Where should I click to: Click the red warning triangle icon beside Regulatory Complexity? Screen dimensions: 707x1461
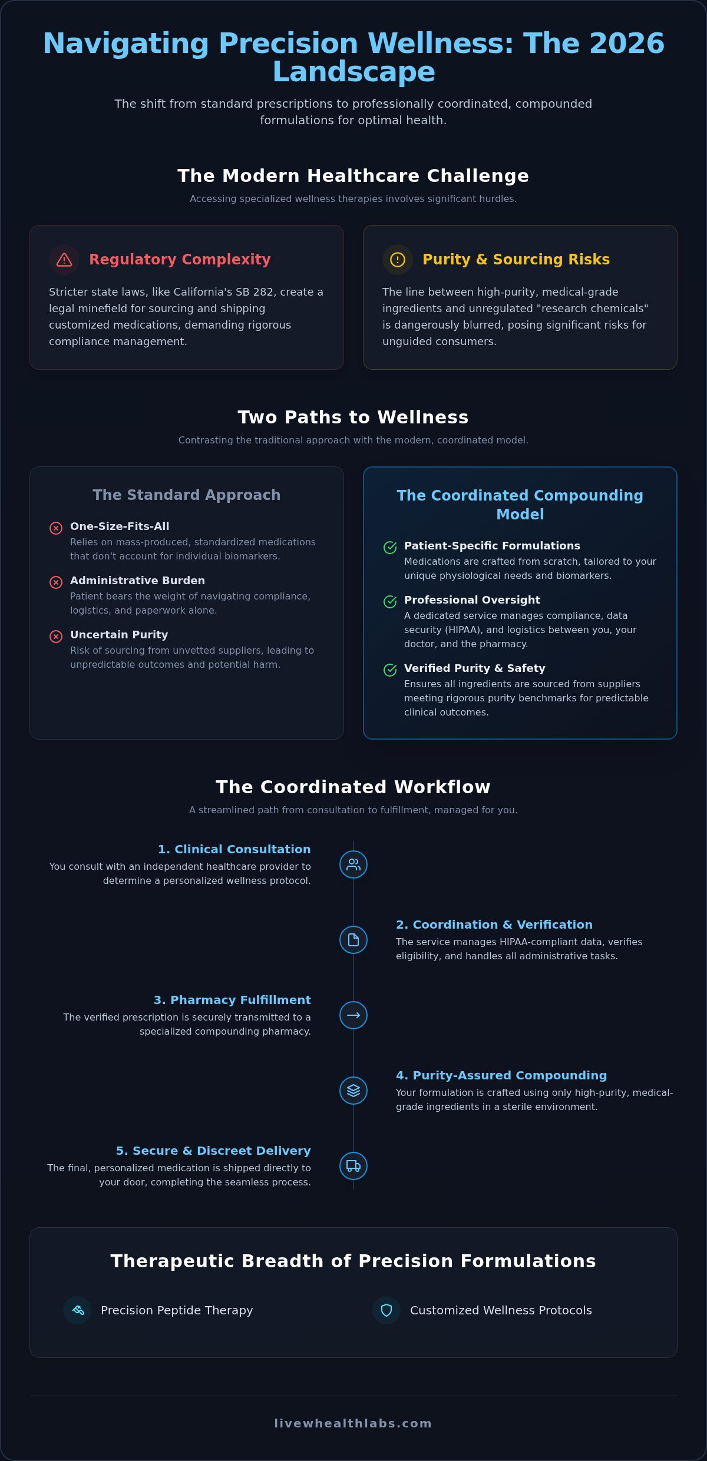point(64,260)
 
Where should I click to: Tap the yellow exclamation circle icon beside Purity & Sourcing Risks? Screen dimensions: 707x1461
point(398,260)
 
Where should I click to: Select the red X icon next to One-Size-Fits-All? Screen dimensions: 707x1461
point(56,528)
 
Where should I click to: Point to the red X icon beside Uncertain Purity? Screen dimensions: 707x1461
point(56,637)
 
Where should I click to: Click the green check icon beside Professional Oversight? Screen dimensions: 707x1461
point(390,602)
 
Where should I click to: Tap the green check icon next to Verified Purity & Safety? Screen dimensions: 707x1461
point(390,670)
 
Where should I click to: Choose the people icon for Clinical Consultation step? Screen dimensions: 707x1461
point(353,864)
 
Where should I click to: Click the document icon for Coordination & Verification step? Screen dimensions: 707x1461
point(353,940)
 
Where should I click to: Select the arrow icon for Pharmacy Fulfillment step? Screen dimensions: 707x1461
point(353,1015)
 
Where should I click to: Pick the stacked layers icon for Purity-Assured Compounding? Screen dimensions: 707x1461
point(353,1091)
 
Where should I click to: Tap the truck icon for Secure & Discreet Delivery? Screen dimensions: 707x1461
point(353,1166)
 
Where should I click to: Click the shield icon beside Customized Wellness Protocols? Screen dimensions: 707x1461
point(386,1310)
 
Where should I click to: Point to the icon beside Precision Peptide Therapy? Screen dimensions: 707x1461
point(78,1310)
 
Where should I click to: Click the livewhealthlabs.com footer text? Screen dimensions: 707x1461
point(353,1423)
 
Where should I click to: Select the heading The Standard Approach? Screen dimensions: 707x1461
point(187,495)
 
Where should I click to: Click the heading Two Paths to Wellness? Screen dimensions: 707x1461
point(353,417)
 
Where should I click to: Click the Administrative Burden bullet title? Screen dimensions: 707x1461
point(138,581)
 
